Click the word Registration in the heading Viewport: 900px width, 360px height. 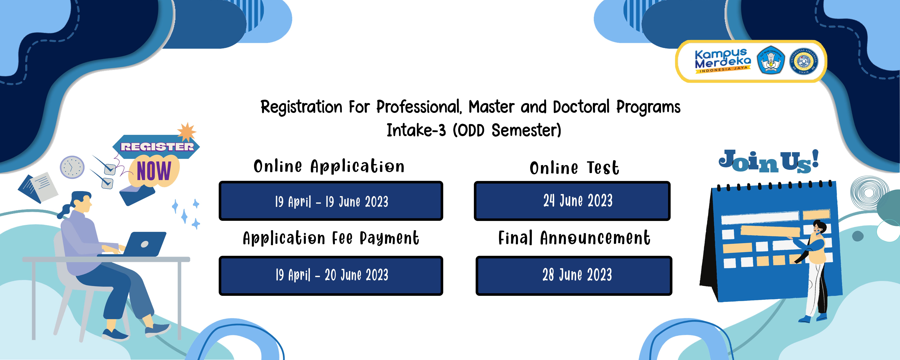301,107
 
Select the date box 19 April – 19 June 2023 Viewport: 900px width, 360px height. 331,201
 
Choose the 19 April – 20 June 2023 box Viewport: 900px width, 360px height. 331,275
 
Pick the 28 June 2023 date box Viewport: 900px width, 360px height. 574,275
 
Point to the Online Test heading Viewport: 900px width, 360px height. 574,168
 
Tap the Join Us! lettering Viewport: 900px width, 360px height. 769,161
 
